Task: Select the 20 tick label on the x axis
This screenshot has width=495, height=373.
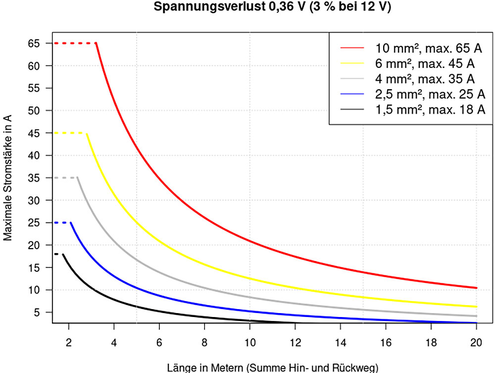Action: (x=476, y=341)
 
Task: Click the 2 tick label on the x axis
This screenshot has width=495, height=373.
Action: (x=68, y=341)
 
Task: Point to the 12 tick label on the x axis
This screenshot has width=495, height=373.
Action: (x=295, y=341)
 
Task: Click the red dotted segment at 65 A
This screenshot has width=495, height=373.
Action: (x=74, y=43)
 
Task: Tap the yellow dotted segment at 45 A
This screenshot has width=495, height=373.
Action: (x=70, y=133)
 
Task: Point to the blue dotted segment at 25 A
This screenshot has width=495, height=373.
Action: (x=62, y=222)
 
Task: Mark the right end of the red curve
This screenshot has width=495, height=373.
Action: (x=476, y=288)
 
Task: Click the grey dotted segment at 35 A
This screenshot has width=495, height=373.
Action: (x=65, y=177)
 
